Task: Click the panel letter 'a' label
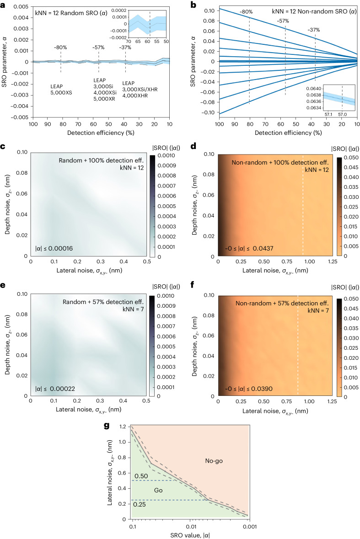(x=4, y=4)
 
